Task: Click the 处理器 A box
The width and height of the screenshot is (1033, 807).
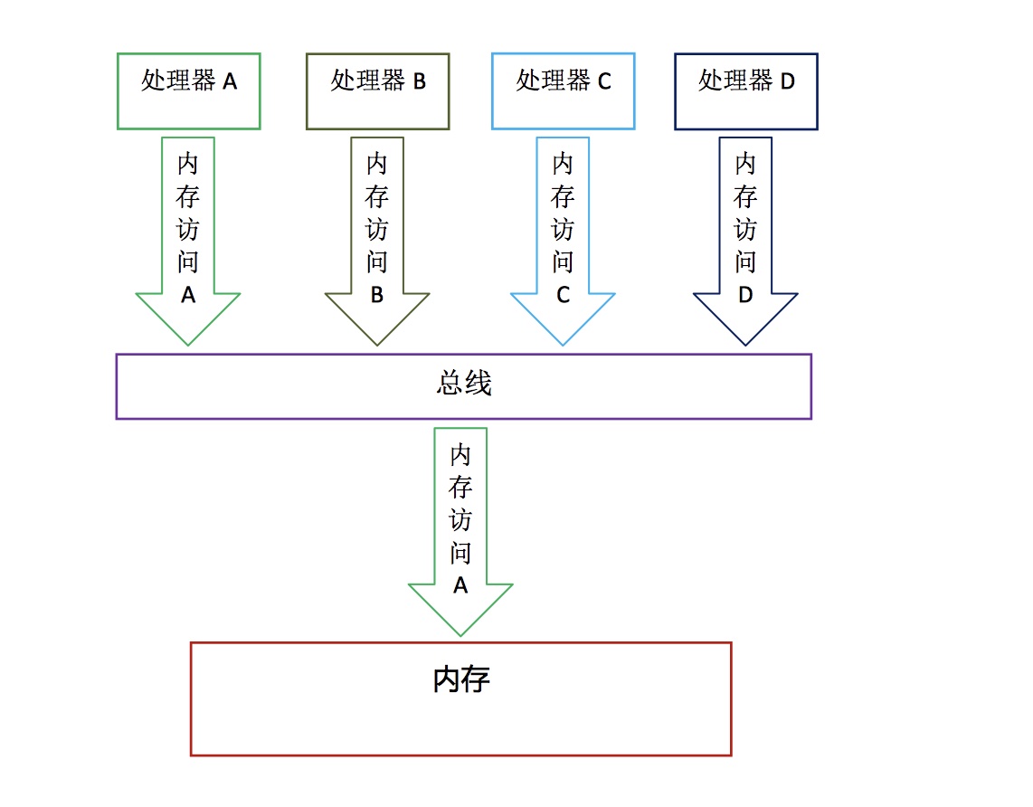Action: tap(188, 90)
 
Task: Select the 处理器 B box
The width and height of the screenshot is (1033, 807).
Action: tap(377, 90)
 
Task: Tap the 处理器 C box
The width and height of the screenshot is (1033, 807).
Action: tap(563, 90)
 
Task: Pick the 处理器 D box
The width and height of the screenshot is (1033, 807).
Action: tap(746, 90)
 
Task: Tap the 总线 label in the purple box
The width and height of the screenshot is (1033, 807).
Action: tap(463, 384)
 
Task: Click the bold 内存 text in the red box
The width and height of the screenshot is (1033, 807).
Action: tap(461, 679)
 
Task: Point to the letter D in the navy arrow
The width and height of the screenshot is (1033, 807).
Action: tap(745, 296)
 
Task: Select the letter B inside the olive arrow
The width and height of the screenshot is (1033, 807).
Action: tap(377, 296)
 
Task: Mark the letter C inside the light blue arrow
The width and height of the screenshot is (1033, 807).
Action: tap(563, 296)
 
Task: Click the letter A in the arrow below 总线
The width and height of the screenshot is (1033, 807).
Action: tap(460, 586)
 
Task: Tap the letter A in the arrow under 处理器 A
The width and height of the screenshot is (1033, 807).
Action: tap(188, 296)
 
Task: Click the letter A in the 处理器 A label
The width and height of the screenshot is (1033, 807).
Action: tap(230, 81)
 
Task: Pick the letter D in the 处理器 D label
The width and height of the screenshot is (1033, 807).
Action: tap(787, 81)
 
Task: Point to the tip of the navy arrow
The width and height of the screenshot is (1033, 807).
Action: tap(745, 344)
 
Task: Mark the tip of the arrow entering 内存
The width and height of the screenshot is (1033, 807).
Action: tap(460, 635)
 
